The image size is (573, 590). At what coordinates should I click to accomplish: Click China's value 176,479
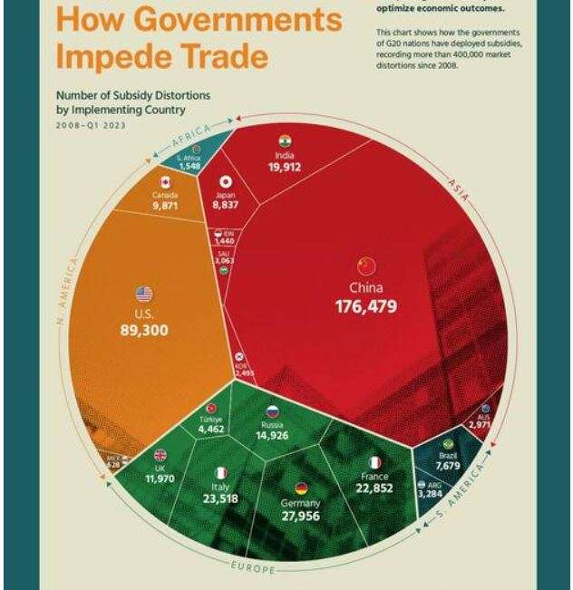[x=365, y=305]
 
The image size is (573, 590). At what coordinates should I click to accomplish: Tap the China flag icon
[x=366, y=266]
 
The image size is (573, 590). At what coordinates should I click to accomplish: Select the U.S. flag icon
[x=144, y=294]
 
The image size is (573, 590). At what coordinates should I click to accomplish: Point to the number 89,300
[x=144, y=330]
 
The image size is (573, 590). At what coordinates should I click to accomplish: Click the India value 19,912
[x=284, y=167]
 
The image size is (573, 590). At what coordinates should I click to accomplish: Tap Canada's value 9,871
[x=165, y=206]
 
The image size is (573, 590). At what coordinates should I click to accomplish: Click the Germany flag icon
[x=301, y=488]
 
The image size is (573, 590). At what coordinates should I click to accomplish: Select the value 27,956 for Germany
[x=300, y=516]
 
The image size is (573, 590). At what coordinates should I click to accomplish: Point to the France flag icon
[x=374, y=464]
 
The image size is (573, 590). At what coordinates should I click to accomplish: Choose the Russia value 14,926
[x=272, y=435]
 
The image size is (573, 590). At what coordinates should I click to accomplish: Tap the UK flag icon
[x=160, y=456]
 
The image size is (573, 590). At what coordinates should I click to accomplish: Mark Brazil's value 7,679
[x=448, y=466]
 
